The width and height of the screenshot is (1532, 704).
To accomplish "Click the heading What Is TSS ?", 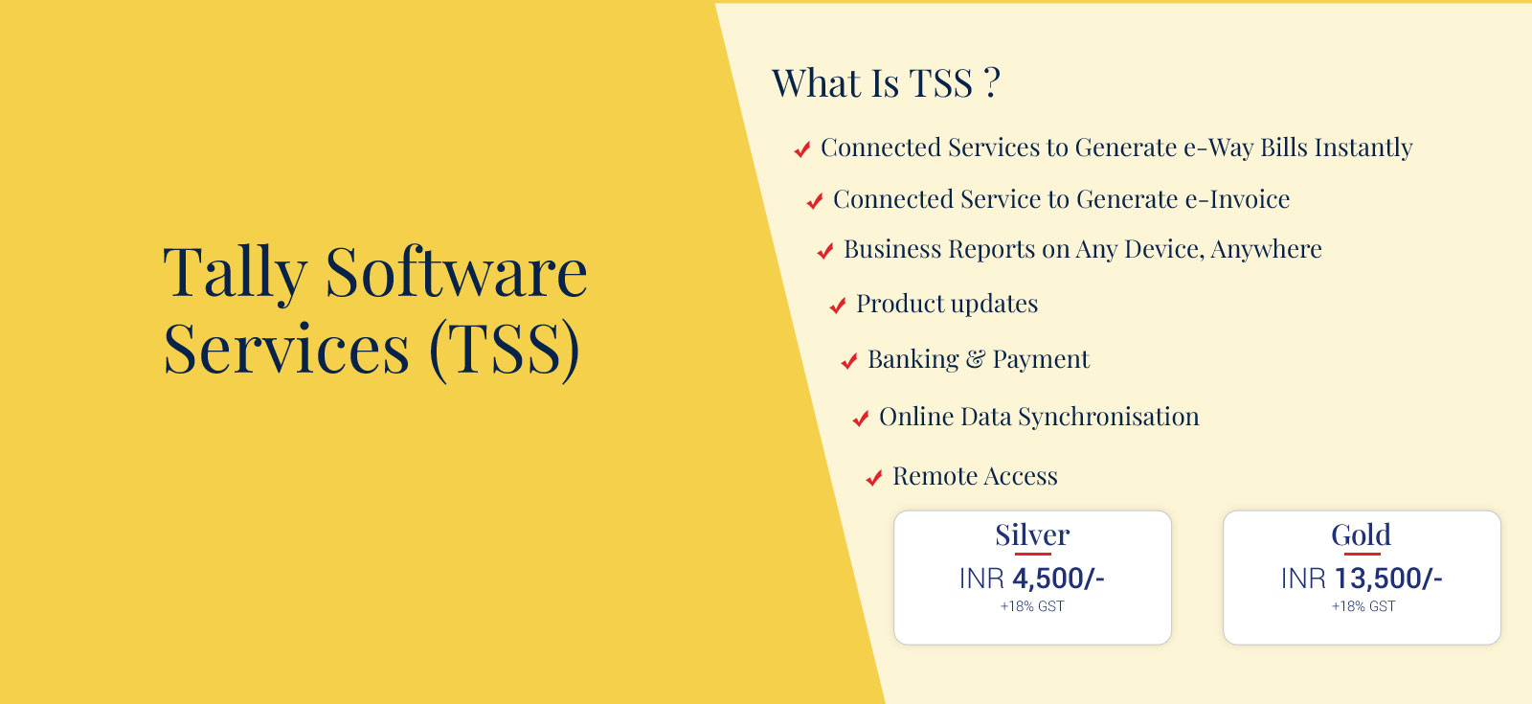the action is click(886, 83).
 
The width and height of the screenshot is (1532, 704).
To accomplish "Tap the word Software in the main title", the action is click(456, 272).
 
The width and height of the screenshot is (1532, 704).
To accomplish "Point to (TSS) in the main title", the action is click(505, 349).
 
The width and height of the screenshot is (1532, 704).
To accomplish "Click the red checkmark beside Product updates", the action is click(838, 306).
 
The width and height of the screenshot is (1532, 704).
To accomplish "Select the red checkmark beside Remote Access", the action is click(874, 478).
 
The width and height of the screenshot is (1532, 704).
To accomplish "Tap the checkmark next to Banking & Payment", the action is click(848, 360).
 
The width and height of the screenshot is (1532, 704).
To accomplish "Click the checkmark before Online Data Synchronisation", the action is click(861, 418).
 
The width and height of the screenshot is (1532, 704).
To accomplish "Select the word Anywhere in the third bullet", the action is click(1266, 249).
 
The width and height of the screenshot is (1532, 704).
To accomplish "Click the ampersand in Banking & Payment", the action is click(976, 359).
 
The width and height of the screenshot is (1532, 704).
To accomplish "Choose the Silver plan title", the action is click(1032, 534).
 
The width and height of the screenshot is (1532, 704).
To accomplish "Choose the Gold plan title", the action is click(1361, 534).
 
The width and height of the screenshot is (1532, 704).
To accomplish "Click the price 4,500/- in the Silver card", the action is click(1058, 579).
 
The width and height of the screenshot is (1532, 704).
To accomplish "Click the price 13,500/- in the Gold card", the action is click(1388, 579).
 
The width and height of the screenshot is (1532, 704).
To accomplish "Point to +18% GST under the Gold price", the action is click(1363, 606).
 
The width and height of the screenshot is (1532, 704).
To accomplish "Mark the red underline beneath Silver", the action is click(1033, 554).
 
